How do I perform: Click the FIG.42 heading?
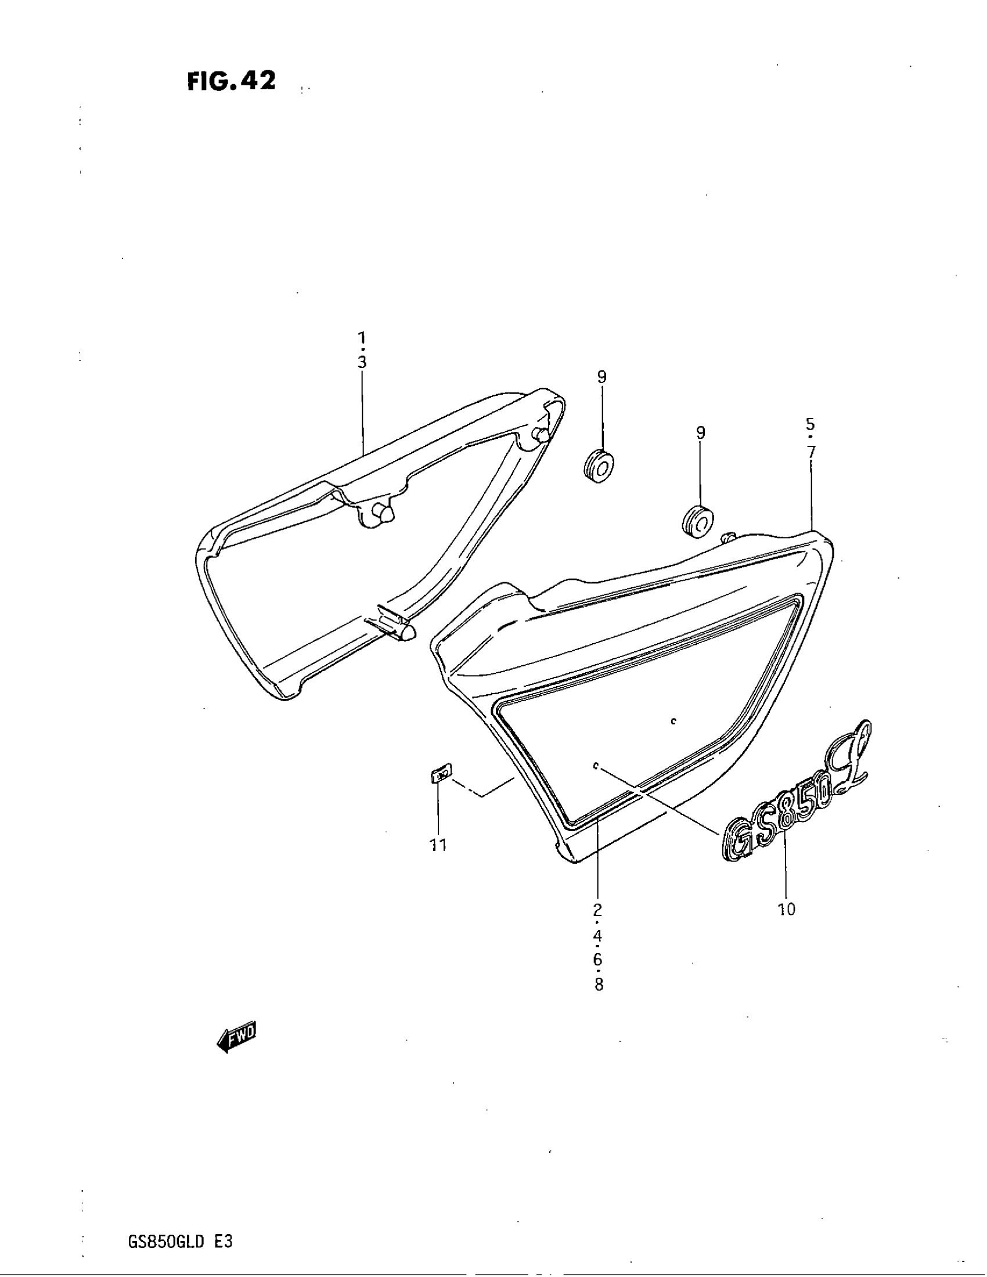(x=231, y=81)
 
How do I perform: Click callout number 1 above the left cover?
(x=362, y=337)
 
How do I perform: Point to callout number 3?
(x=362, y=363)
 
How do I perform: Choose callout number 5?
(x=811, y=424)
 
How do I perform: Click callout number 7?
(x=811, y=452)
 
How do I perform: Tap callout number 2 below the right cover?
(x=597, y=909)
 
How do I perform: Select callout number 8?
(x=598, y=984)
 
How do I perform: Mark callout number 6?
(x=597, y=959)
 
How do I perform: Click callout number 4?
(x=597, y=935)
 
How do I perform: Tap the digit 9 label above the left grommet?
(x=601, y=377)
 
